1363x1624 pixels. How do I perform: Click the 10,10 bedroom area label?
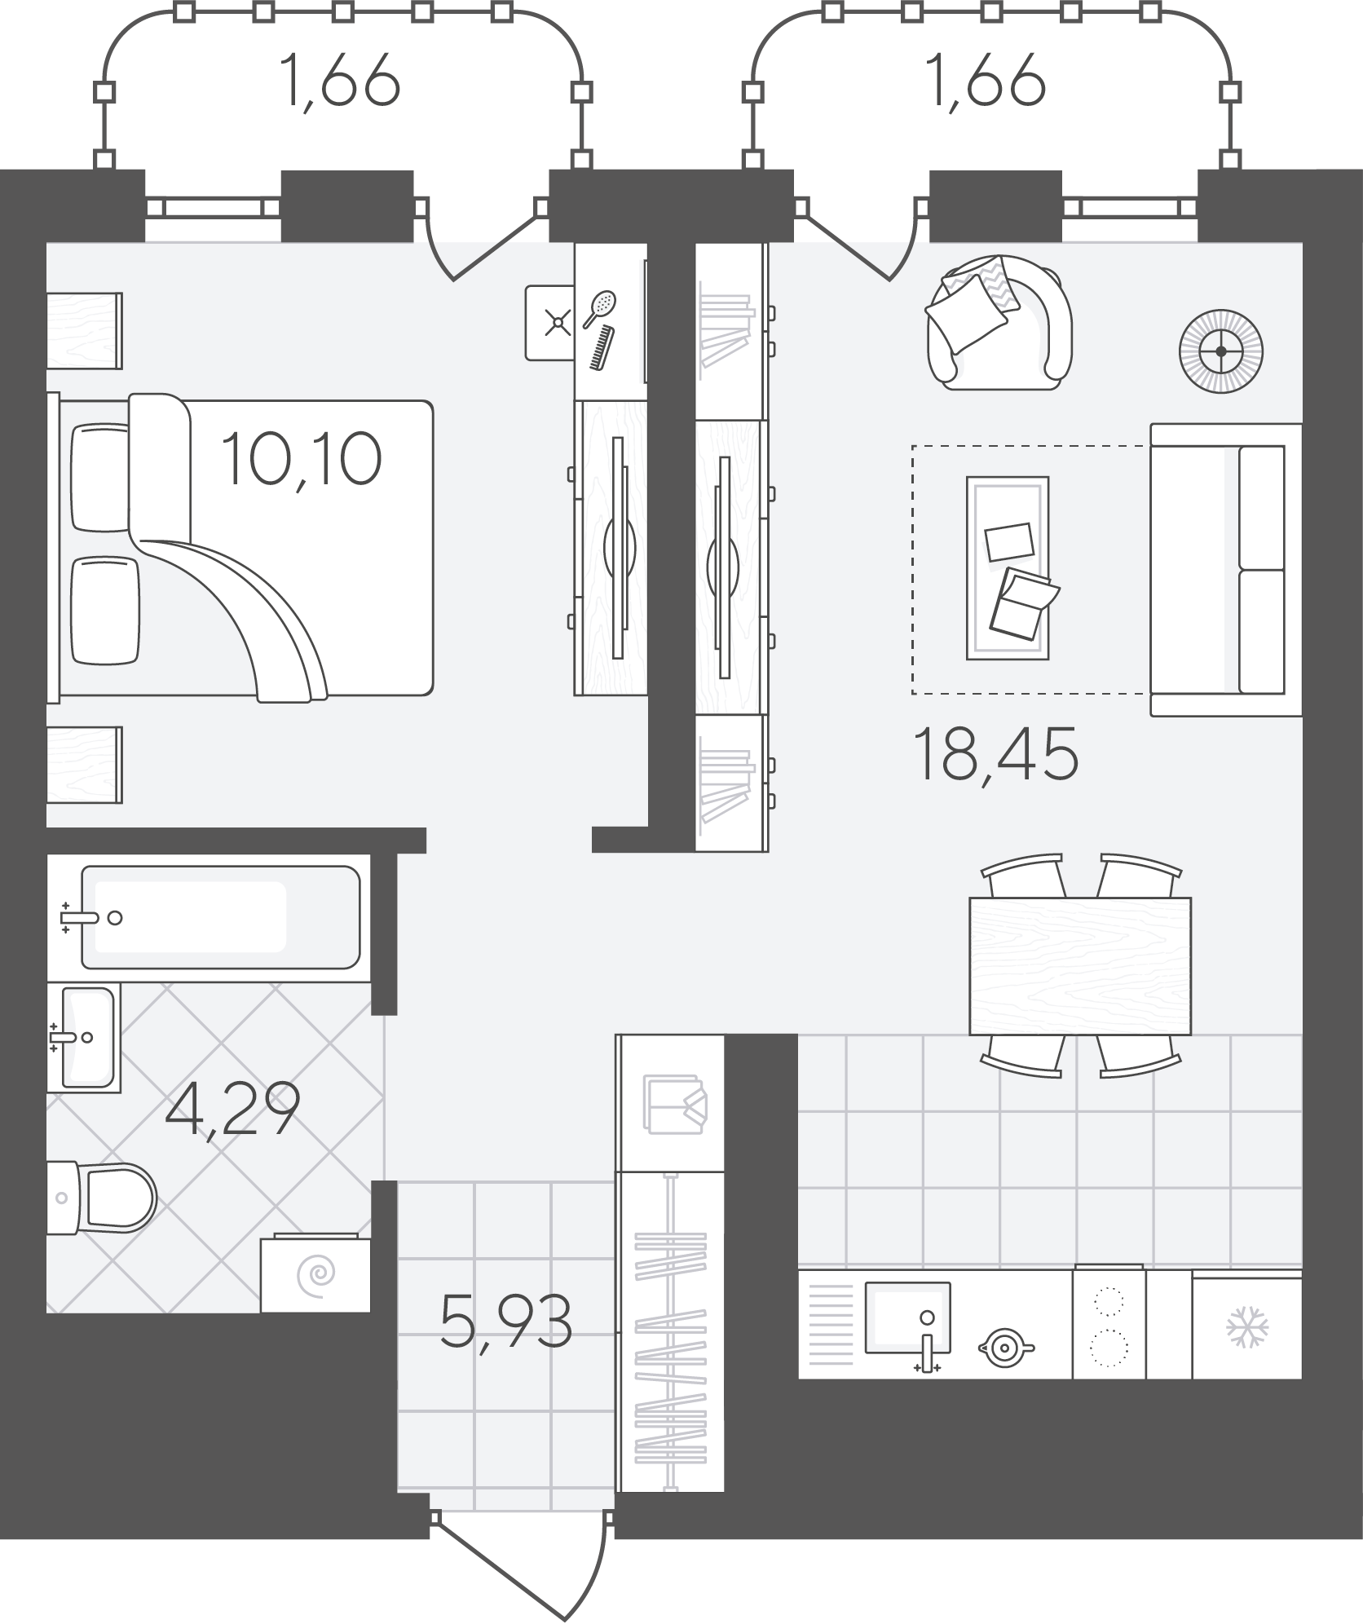[301, 461]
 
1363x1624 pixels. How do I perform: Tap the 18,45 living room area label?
[997, 754]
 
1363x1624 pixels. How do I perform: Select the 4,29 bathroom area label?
[232, 1110]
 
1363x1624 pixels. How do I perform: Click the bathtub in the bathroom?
[220, 918]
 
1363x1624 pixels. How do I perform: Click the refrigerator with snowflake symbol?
[1246, 1327]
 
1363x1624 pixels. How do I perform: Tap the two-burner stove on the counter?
[1109, 1325]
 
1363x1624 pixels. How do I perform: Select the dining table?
[1080, 966]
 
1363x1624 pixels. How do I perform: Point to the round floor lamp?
[1221, 351]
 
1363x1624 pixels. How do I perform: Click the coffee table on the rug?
[1008, 567]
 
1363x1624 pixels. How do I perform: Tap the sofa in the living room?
[1226, 569]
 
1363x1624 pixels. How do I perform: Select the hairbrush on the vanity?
[599, 308]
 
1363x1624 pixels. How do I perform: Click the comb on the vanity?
[602, 348]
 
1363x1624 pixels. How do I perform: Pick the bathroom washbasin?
[84, 1037]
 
